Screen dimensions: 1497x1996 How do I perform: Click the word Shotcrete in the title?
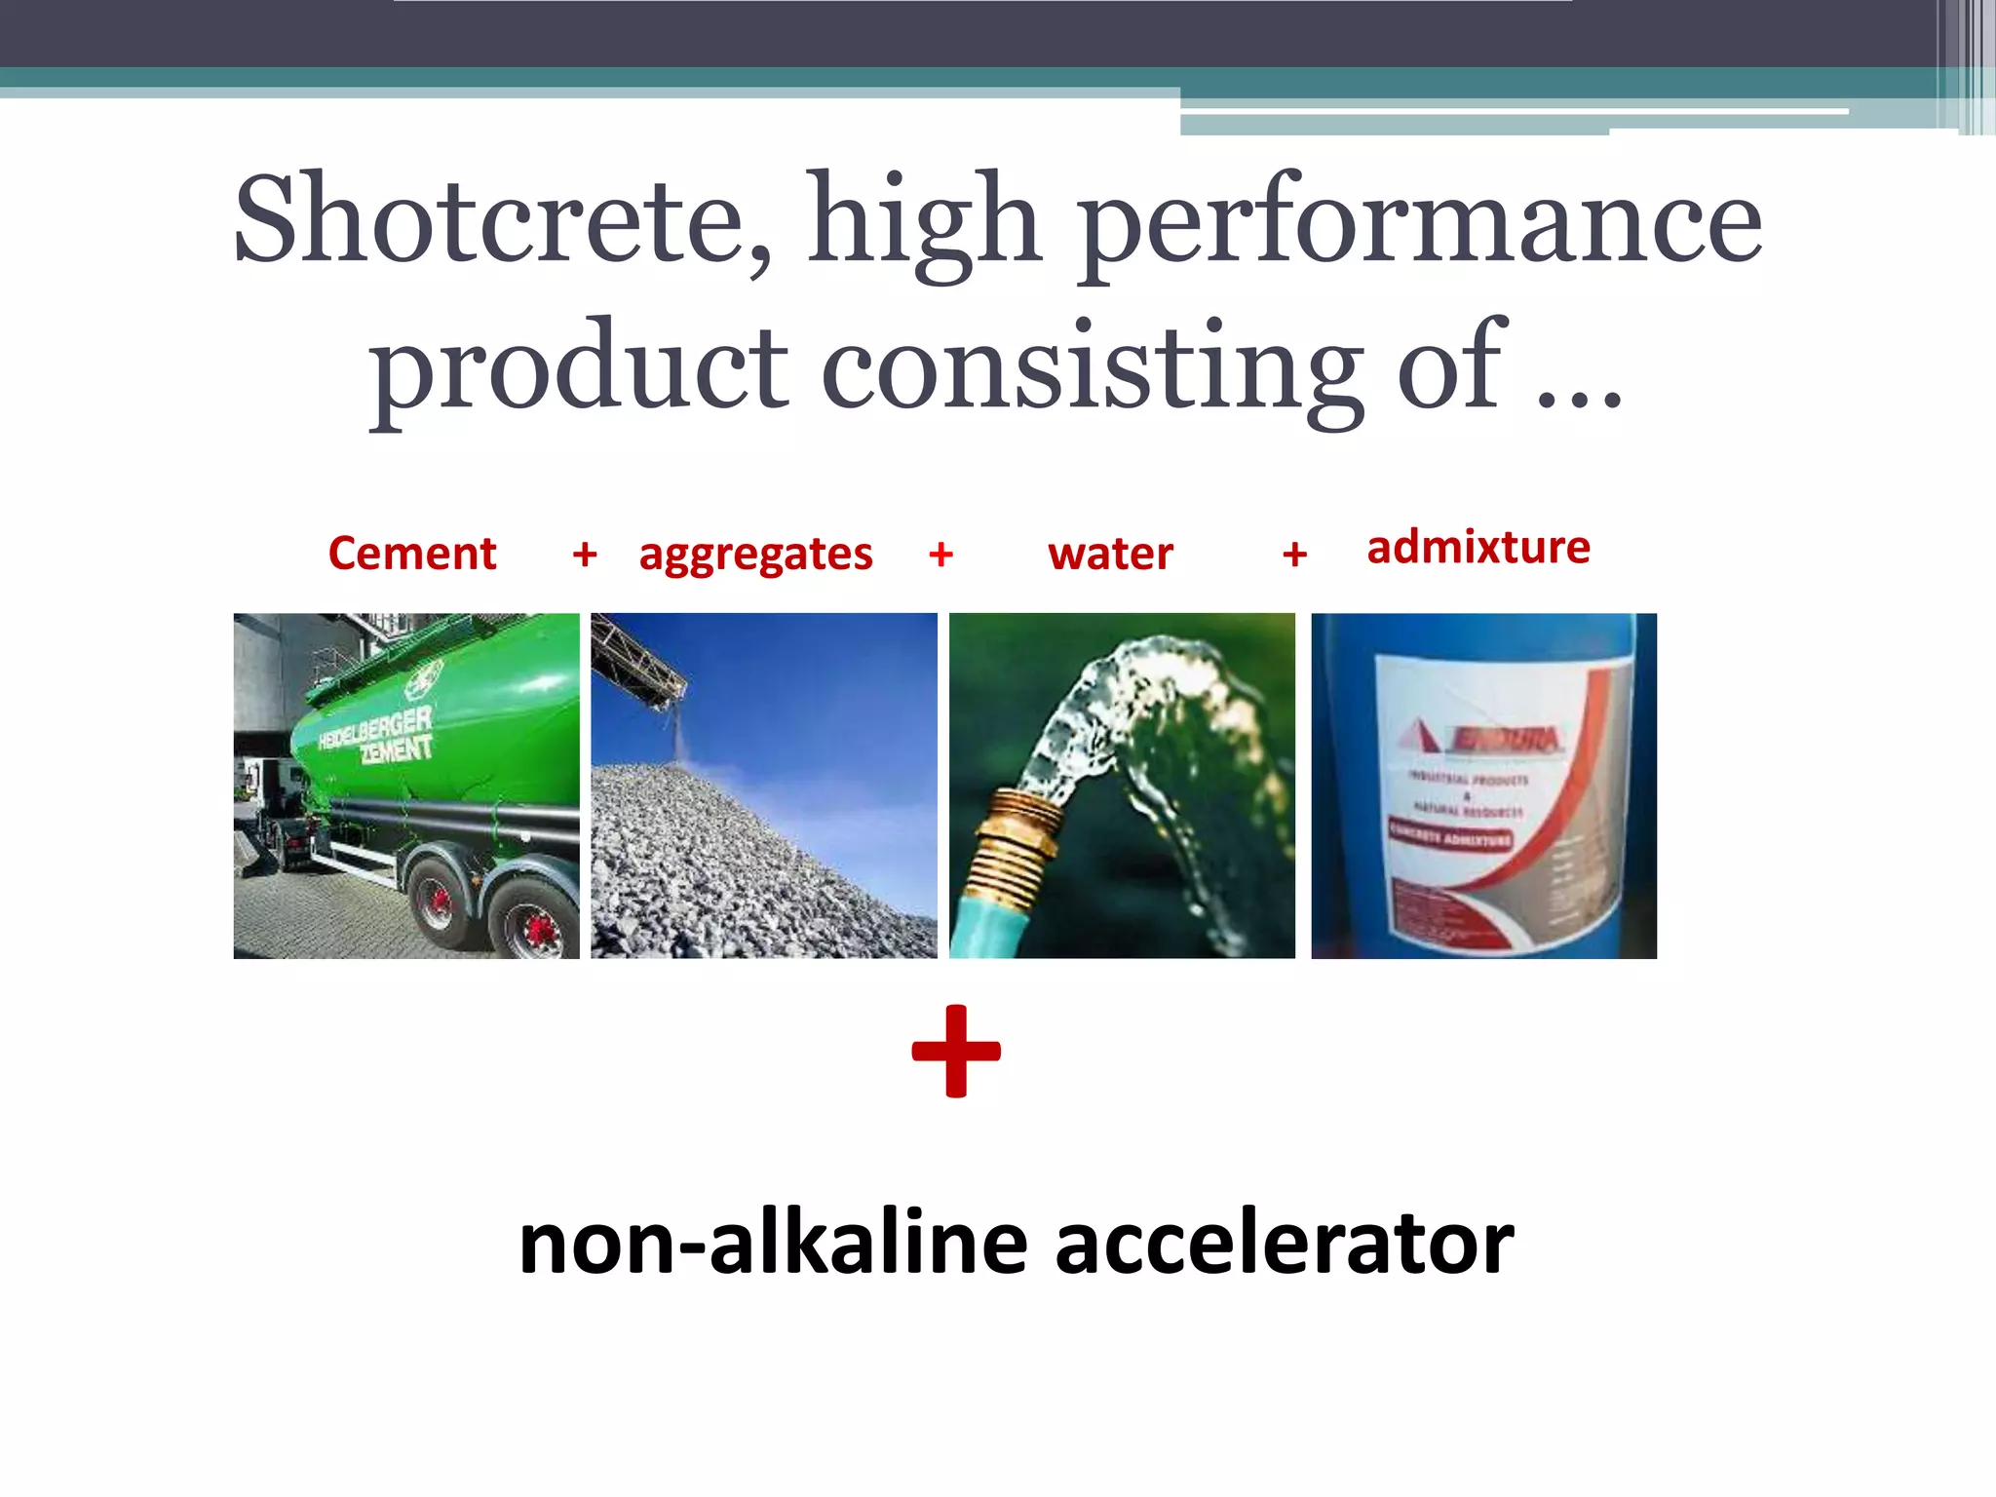click(500, 222)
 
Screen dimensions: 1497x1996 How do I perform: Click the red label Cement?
click(412, 554)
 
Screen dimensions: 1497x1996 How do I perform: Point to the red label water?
click(1110, 554)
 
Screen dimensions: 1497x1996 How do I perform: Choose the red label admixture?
click(1478, 547)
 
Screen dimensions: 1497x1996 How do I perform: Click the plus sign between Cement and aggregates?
click(585, 555)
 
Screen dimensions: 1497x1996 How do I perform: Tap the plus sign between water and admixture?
click(1294, 555)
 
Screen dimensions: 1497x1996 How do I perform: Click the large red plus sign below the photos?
click(956, 1051)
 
